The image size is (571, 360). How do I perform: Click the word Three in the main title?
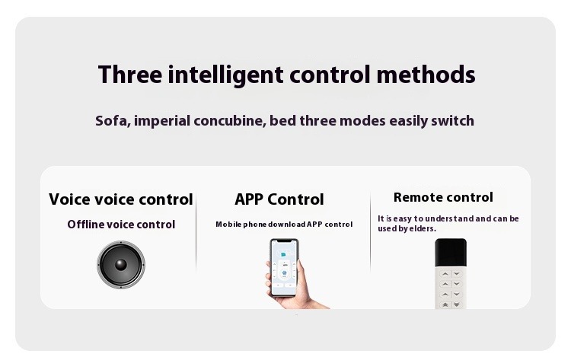tap(130, 75)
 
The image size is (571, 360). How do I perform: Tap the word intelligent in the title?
tap(225, 75)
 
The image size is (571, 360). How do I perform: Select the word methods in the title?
tap(426, 75)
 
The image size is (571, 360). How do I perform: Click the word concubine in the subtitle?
tap(229, 121)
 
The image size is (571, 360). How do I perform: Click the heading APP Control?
tap(279, 199)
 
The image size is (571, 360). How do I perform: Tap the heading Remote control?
tap(443, 197)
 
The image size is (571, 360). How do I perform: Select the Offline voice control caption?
tap(121, 225)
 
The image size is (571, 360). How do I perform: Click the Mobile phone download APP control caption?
tap(284, 225)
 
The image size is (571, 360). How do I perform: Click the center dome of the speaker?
tap(121, 265)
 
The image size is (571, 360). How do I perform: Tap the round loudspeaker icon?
tap(121, 265)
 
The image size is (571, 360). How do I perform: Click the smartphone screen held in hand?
tap(284, 268)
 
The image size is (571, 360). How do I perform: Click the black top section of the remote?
tap(451, 253)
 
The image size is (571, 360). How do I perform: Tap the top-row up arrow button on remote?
tap(445, 274)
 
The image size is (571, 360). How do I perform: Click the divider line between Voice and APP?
tap(196, 232)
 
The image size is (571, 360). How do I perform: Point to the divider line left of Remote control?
tap(370, 232)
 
